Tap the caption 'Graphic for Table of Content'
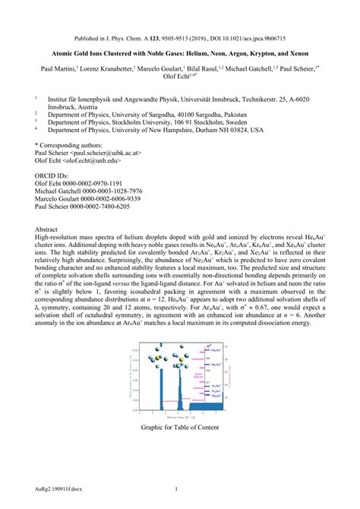pyautogui.click(x=179, y=427)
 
